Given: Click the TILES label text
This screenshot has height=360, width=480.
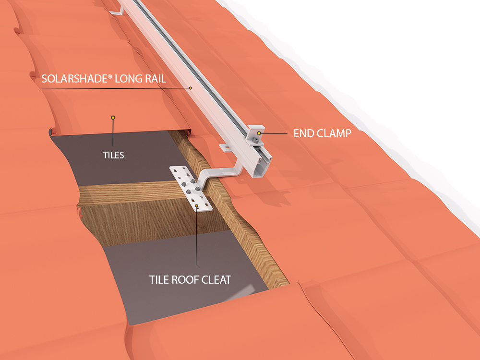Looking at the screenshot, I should pyautogui.click(x=113, y=155).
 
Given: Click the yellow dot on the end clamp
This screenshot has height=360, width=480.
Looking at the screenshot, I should pyautogui.click(x=259, y=133).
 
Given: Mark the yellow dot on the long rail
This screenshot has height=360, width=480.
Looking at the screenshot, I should pyautogui.click(x=190, y=88).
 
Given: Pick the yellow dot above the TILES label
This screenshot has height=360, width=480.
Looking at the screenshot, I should pyautogui.click(x=113, y=117).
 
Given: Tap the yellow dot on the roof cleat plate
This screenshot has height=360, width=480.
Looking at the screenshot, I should pyautogui.click(x=197, y=206).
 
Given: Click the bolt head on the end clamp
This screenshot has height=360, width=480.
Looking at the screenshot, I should pyautogui.click(x=257, y=140).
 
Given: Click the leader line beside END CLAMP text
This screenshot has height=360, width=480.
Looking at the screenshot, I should pyautogui.click(x=276, y=133).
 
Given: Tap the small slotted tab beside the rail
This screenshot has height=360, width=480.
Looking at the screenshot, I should pyautogui.click(x=224, y=146).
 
